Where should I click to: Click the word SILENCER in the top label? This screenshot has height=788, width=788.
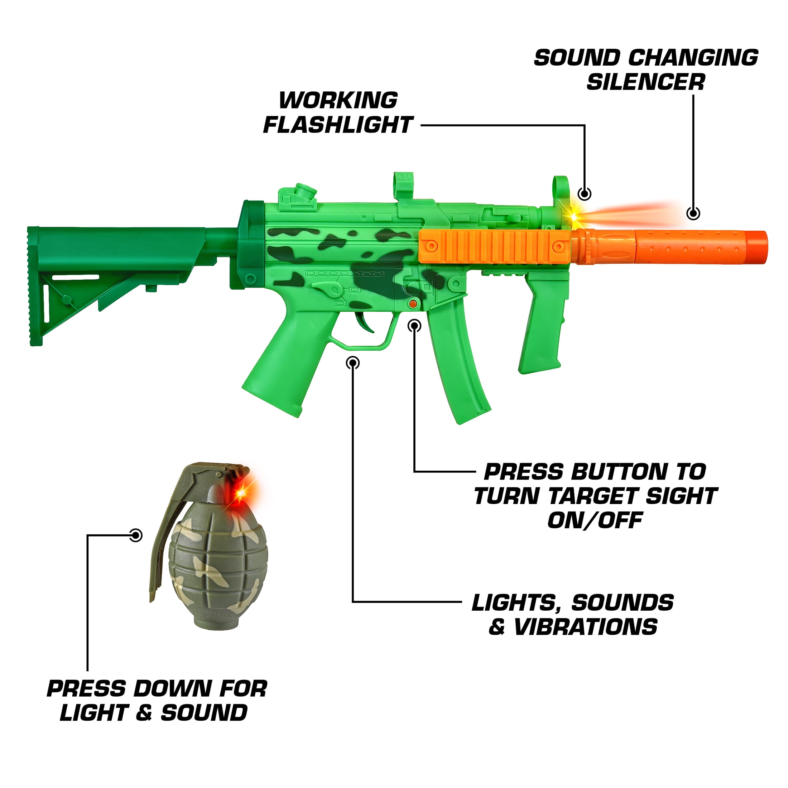[x=646, y=82]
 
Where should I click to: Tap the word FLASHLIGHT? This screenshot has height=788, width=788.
[x=338, y=125]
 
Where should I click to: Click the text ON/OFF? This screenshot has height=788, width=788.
[x=595, y=520]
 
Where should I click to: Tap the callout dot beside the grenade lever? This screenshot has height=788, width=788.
[x=136, y=535]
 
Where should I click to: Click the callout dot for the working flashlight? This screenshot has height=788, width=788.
[x=585, y=194]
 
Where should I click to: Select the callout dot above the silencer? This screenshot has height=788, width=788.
[x=693, y=213]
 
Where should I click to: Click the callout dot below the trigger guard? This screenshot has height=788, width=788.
[x=353, y=362]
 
